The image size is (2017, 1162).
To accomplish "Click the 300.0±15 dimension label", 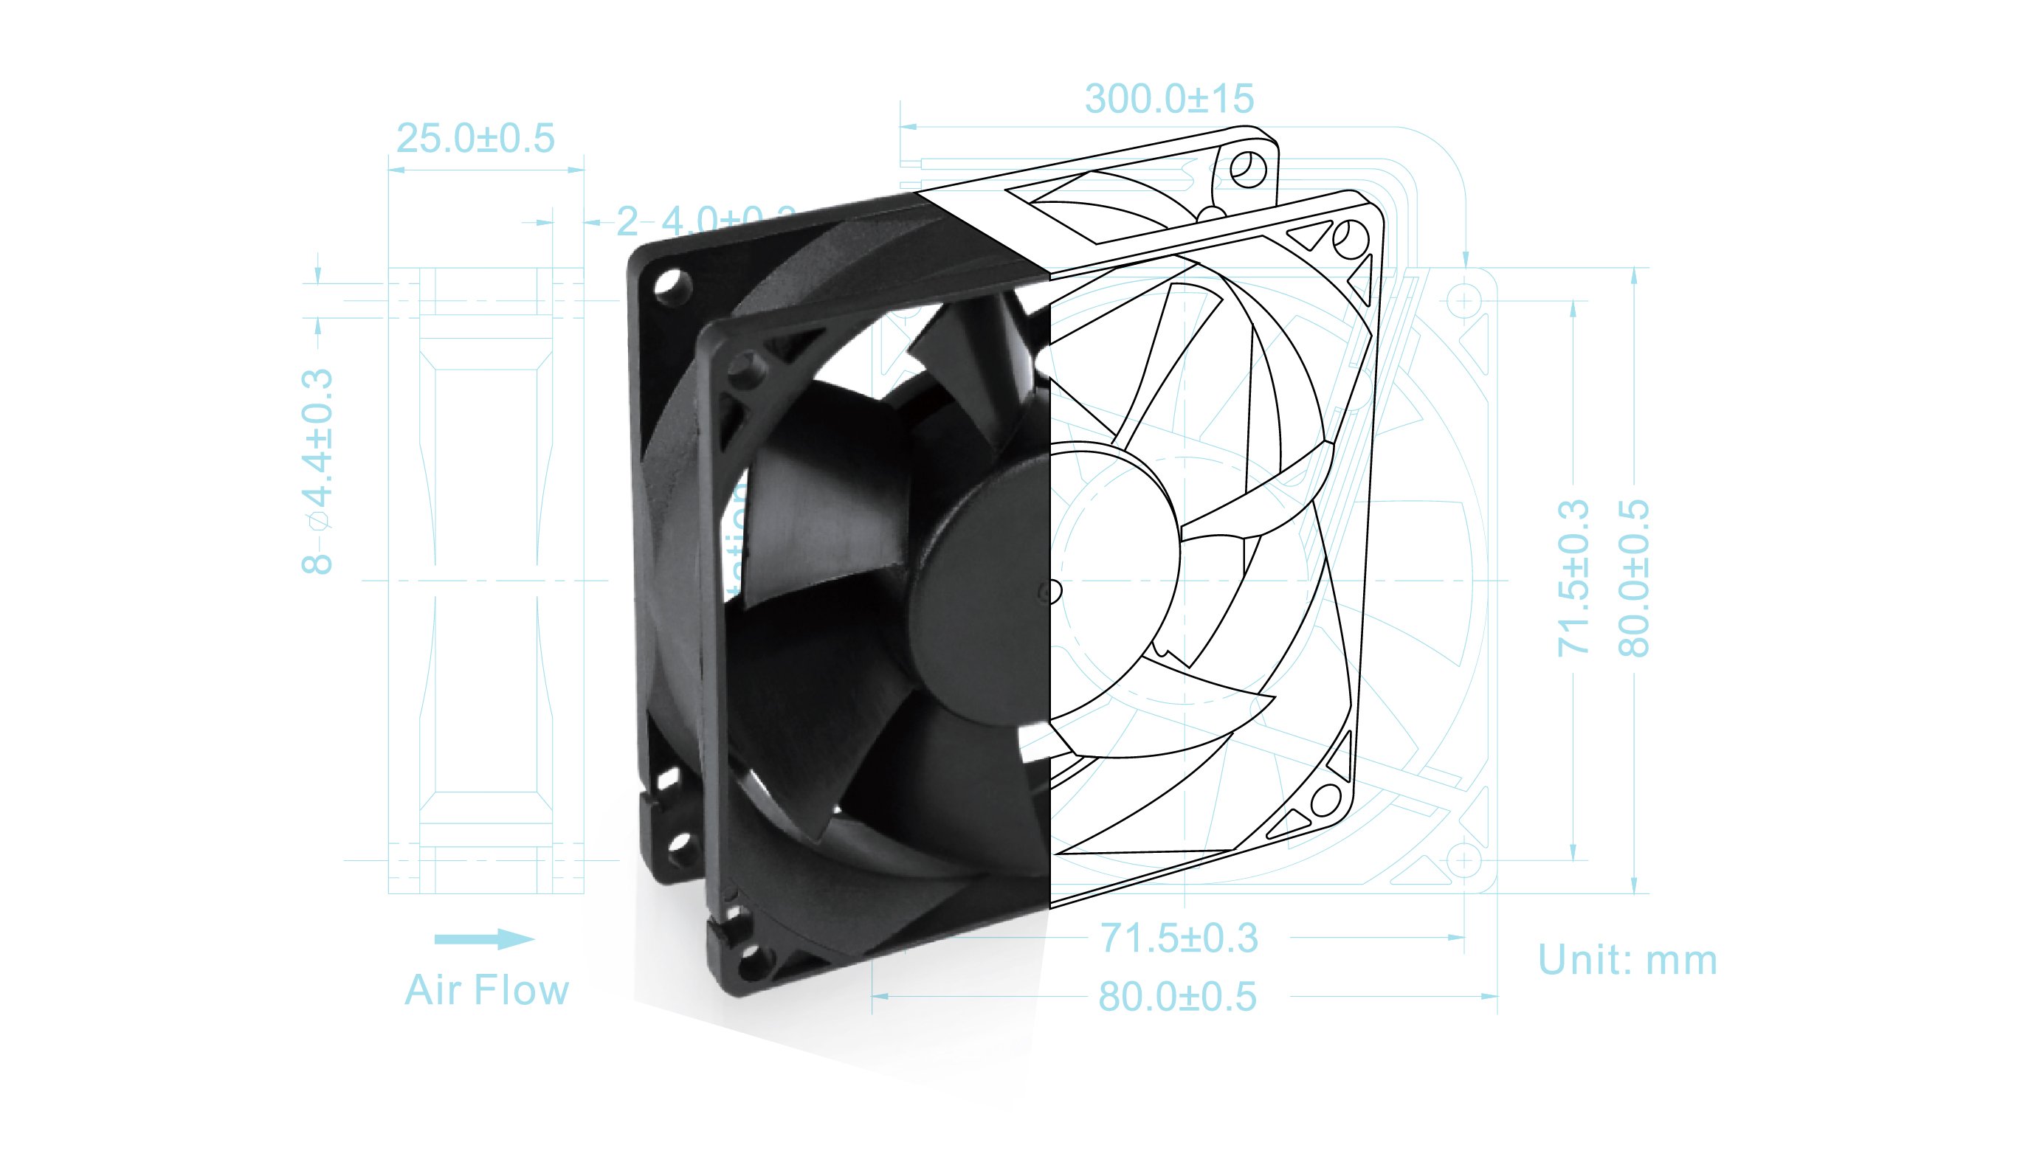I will click(1169, 100).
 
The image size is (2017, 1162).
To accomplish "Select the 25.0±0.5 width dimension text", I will click(476, 139).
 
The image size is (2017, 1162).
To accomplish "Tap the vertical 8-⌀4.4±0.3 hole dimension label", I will click(317, 471).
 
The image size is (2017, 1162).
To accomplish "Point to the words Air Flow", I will click(487, 990).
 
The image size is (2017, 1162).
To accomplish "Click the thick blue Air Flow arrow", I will click(483, 938).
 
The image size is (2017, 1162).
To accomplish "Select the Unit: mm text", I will click(1627, 960).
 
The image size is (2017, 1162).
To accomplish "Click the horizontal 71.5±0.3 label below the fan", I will click(1179, 938).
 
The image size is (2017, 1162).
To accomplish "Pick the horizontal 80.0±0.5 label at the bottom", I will click(1177, 997).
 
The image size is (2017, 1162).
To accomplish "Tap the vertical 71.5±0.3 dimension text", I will click(1573, 578).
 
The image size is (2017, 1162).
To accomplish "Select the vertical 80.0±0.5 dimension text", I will click(1633, 578).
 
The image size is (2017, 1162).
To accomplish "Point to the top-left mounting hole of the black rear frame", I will click(672, 285).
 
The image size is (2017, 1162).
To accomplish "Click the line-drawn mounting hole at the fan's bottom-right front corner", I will click(1325, 800).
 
